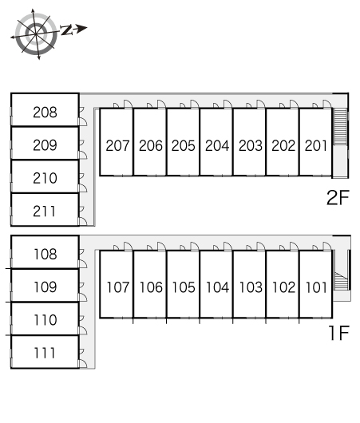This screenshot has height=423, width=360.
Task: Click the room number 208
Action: click(x=45, y=113)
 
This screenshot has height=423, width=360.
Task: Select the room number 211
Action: click(x=45, y=211)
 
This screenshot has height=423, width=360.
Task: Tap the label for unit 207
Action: click(x=117, y=146)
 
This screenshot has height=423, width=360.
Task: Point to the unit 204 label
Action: click(x=217, y=146)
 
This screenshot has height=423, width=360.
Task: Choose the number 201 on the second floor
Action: click(x=316, y=146)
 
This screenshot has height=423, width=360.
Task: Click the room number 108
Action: click(x=45, y=254)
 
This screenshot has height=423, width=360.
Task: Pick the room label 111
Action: click(x=45, y=353)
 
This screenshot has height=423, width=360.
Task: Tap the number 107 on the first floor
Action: click(x=118, y=287)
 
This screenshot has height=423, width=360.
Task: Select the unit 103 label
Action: click(x=251, y=287)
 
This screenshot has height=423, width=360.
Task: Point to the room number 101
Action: click(x=316, y=287)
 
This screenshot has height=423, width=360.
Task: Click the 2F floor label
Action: click(x=338, y=197)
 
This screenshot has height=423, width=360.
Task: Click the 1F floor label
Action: click(x=339, y=333)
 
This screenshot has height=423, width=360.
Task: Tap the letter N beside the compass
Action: click(x=66, y=30)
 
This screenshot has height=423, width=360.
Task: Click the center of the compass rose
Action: click(x=36, y=34)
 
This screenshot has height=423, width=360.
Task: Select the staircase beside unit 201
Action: click(x=340, y=127)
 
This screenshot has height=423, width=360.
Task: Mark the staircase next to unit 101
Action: click(x=341, y=281)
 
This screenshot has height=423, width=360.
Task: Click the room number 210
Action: click(x=45, y=178)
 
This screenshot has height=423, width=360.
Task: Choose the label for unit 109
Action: click(x=45, y=287)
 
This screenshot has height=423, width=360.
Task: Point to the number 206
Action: click(x=151, y=146)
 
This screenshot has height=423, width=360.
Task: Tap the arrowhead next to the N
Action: click(x=81, y=28)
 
